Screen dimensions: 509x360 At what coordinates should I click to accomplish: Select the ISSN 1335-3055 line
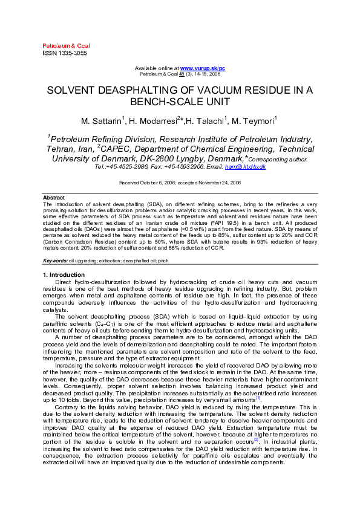[x=64, y=53]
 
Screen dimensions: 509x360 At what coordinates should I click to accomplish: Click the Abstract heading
[x=53, y=198]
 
